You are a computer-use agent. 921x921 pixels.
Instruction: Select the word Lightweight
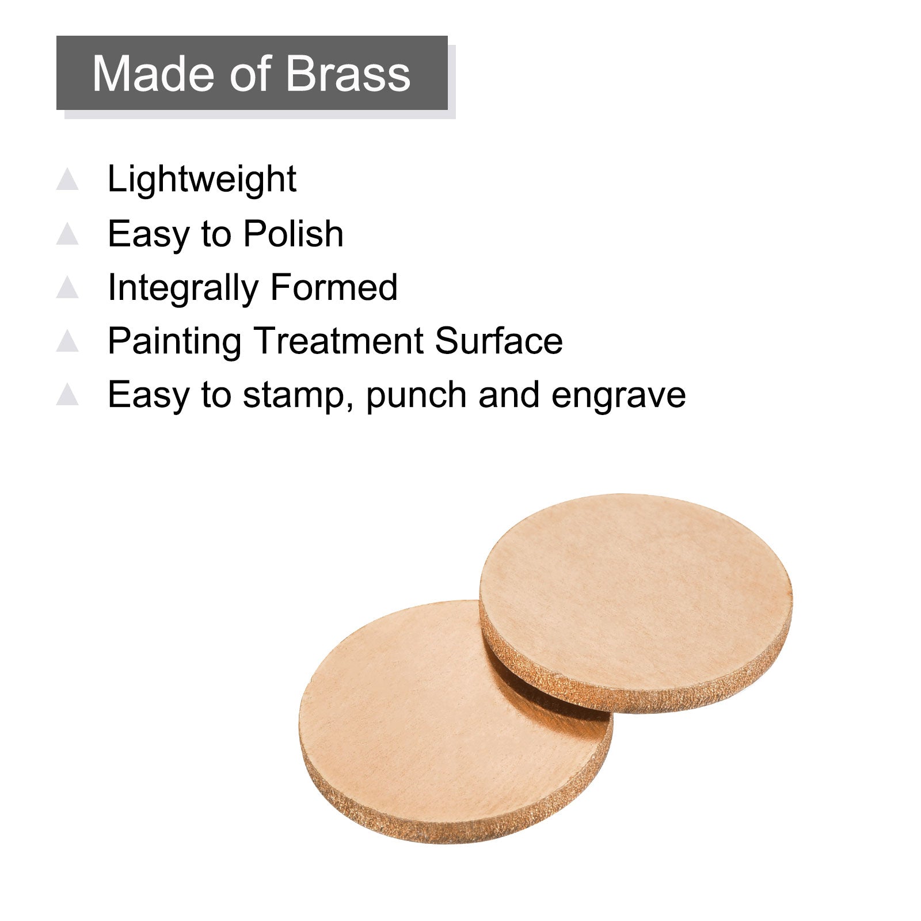[x=201, y=180]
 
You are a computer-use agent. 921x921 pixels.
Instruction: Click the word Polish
[x=293, y=234]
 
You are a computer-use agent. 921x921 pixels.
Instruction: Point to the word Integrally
[x=182, y=288]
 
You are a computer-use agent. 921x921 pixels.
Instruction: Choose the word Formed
[x=334, y=287]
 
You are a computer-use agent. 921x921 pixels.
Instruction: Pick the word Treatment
[x=338, y=341]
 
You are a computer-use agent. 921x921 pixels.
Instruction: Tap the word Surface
[x=499, y=341]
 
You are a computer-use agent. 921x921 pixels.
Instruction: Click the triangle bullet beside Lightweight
[x=67, y=180]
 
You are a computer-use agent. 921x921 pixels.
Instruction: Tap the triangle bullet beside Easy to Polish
[x=67, y=234]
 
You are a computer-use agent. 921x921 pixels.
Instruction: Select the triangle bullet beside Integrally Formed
[x=67, y=287]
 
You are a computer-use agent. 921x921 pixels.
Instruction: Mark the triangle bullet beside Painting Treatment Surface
[x=67, y=341]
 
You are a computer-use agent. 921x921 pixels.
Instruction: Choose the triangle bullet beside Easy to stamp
[x=67, y=394]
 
